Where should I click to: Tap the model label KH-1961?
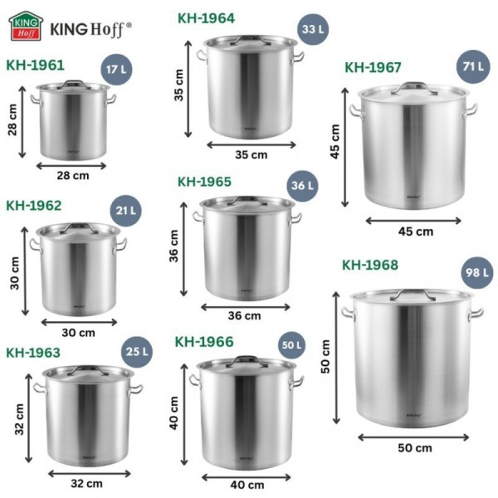pos(35,65)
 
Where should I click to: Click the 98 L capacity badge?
pos(476,272)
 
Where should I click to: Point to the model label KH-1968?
pos(370,265)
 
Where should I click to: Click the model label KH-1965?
pos(204,181)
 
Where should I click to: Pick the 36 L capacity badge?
pos(300,186)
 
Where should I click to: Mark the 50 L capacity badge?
pos(291,344)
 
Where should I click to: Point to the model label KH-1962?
pos(34,205)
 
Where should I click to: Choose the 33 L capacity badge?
pos(312,30)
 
